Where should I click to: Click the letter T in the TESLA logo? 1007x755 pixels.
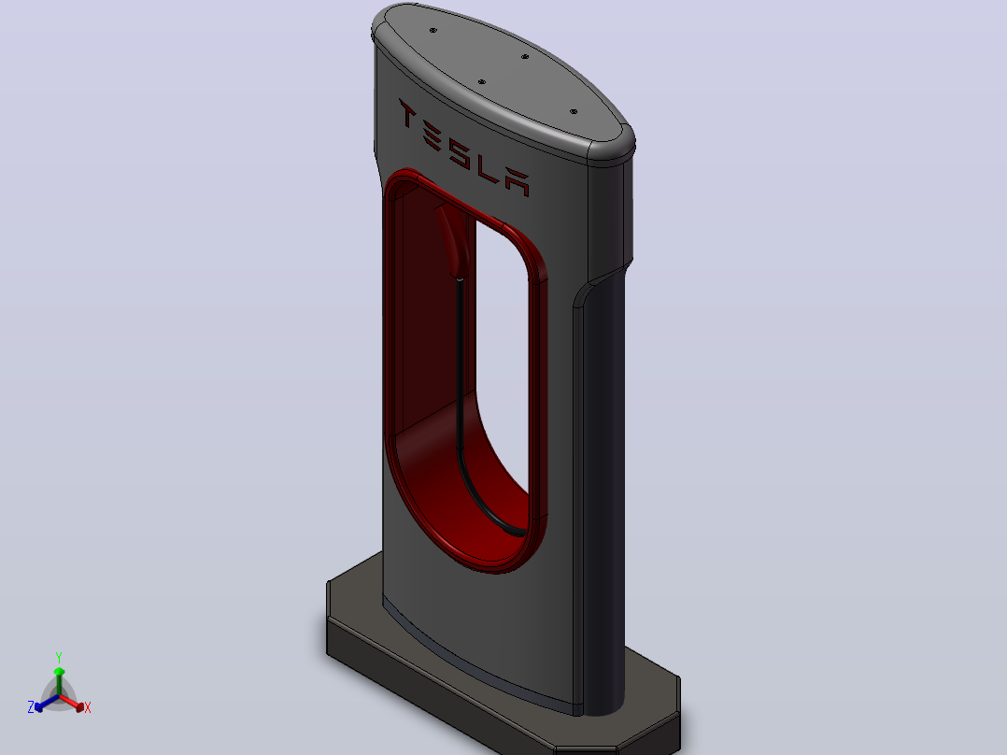pos(407,114)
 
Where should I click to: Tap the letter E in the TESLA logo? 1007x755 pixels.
pos(433,135)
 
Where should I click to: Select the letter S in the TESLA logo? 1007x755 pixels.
pos(461,153)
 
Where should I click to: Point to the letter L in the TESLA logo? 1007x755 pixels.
pos(488,169)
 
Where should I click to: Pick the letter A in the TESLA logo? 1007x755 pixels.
pos(518,182)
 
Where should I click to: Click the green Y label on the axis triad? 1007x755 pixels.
pos(59,657)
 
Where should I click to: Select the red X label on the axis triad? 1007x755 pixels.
pos(88,707)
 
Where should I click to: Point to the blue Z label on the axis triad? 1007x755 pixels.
pos(31,707)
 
